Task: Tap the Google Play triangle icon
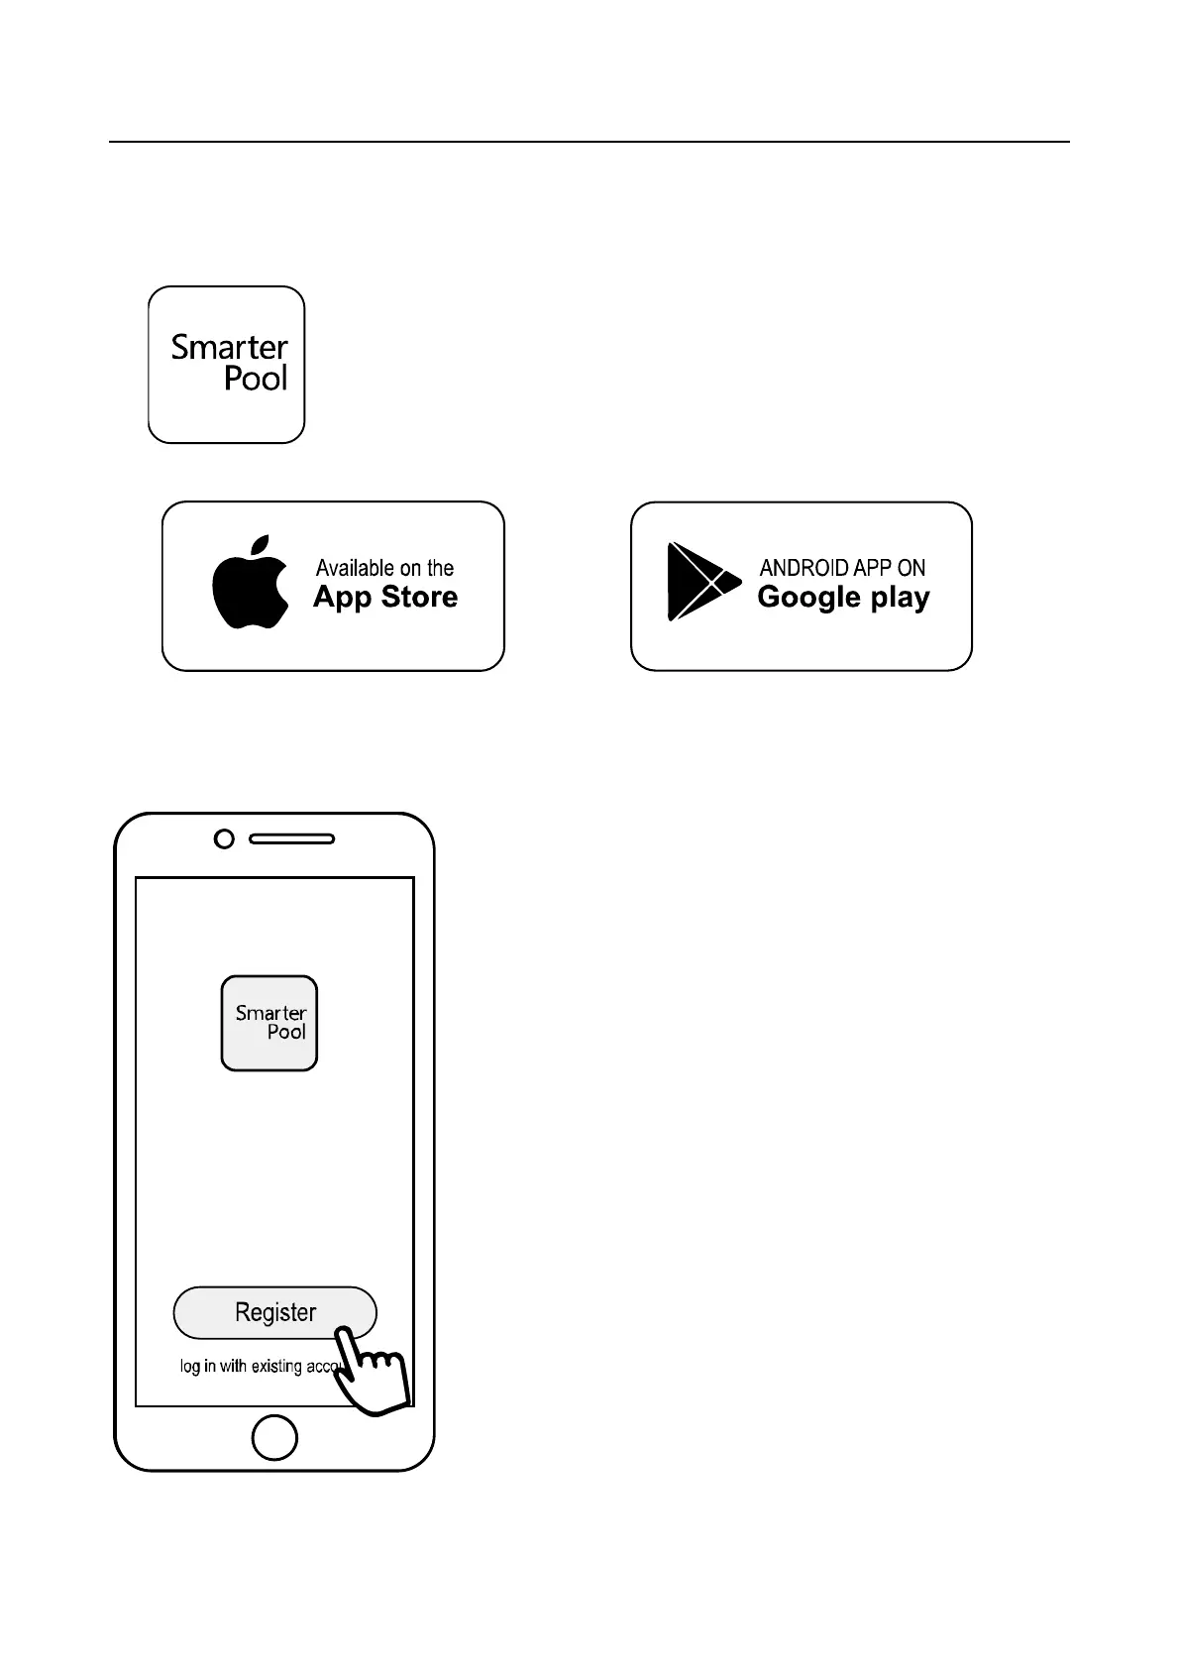[700, 582]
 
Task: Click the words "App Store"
[385, 597]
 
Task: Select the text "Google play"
[843, 598]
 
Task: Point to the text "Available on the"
[384, 568]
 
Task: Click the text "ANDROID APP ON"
[842, 568]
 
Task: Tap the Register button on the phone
[274, 1312]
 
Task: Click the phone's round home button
[274, 1437]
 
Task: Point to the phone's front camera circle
[225, 839]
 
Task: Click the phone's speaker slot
[291, 839]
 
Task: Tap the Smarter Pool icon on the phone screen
[269, 1023]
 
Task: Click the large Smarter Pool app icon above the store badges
[226, 365]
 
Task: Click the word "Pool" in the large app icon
[256, 379]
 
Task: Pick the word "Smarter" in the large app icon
[229, 347]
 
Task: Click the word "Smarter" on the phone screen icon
[270, 1013]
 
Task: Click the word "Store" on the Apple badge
[419, 597]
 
